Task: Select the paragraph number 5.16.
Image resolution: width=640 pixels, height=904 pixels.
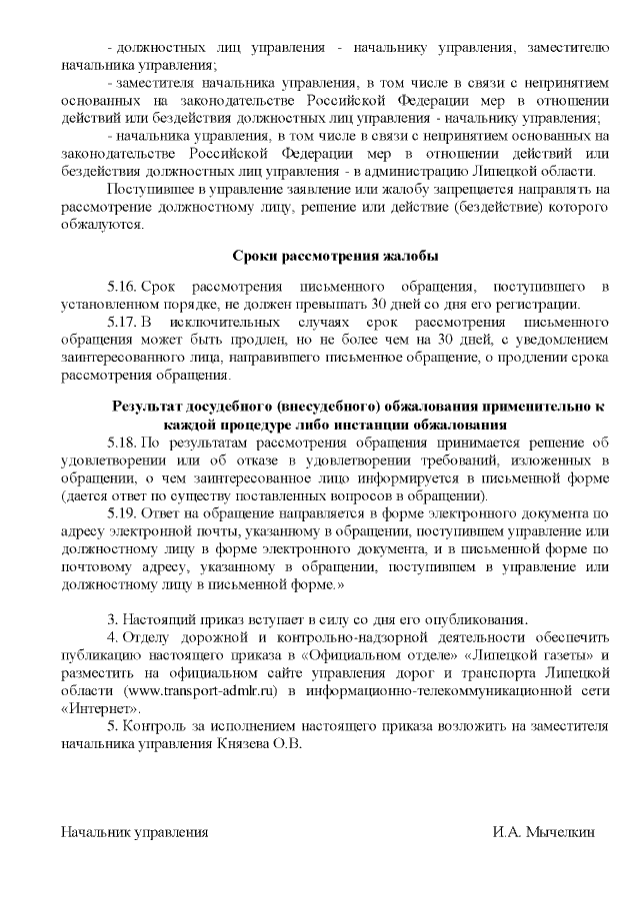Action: click(x=121, y=287)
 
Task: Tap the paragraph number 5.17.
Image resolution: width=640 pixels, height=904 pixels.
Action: click(x=121, y=325)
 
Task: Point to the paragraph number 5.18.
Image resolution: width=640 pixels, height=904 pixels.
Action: click(x=121, y=441)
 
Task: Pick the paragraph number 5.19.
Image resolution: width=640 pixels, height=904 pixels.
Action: click(x=121, y=514)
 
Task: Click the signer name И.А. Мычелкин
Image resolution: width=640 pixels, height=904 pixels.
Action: click(x=544, y=832)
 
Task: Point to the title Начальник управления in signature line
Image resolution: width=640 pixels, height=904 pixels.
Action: click(x=134, y=832)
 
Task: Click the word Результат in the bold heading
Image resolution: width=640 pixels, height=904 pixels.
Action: click(x=149, y=407)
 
